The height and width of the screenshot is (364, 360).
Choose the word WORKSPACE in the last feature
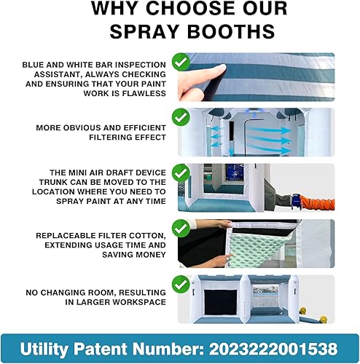[x=139, y=301]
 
